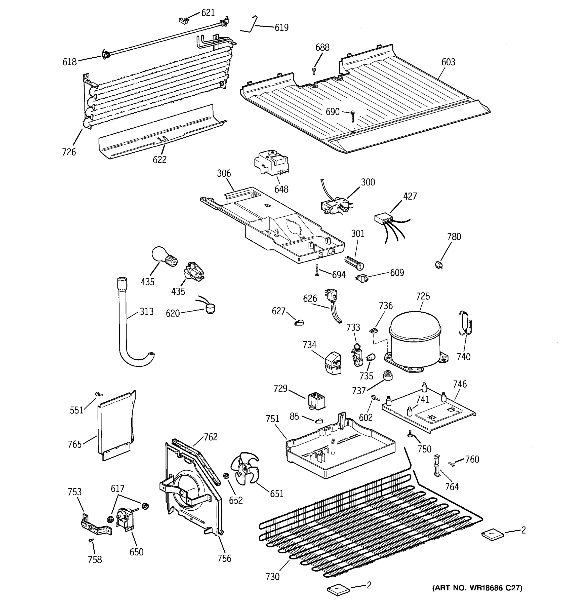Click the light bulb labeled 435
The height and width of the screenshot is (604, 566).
[x=163, y=257]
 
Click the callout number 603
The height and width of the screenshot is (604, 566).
[x=448, y=62]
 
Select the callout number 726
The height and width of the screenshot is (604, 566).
[x=69, y=152]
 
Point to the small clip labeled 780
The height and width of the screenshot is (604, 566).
[x=438, y=265]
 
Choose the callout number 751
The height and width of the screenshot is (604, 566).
[x=272, y=419]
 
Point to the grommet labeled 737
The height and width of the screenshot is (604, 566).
[x=387, y=375]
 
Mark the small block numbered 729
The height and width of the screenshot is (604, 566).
[x=316, y=401]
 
